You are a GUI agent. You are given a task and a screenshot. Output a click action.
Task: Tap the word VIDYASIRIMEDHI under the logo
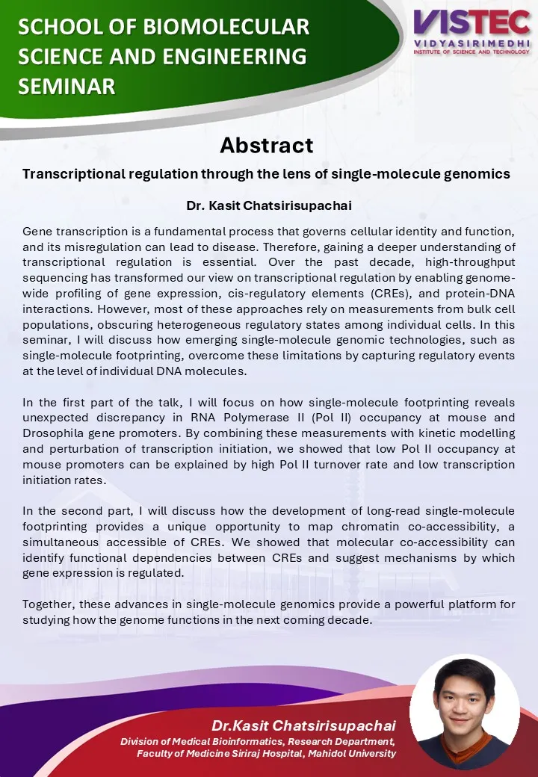pos(472,44)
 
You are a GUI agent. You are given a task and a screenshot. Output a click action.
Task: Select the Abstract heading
pos(267,144)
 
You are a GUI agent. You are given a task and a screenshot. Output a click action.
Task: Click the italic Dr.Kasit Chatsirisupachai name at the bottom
pos(303,725)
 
